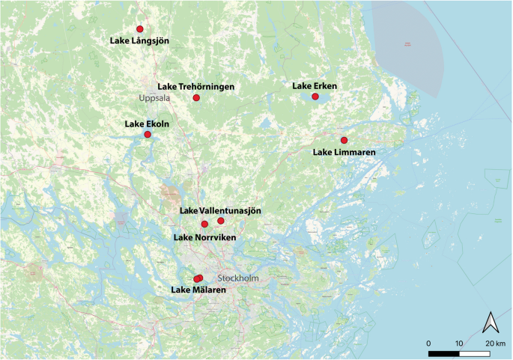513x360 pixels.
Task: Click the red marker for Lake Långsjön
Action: [139, 29]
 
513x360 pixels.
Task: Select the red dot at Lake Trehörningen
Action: [196, 98]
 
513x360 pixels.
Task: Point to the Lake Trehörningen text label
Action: [195, 87]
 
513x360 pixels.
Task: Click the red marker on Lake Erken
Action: [315, 97]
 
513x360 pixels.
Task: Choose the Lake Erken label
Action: [315, 86]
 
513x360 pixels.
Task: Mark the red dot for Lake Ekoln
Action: [148, 135]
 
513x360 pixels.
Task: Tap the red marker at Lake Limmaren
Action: [344, 141]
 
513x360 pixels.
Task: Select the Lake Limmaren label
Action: [344, 153]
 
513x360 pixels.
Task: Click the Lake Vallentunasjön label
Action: [220, 212]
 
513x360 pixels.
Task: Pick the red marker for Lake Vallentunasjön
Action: [221, 221]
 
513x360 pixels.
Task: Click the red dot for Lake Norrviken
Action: [204, 224]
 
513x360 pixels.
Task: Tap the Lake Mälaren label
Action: [198, 290]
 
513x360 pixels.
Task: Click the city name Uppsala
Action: [154, 98]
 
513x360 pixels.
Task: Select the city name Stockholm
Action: [237, 278]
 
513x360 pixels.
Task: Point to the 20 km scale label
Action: [495, 343]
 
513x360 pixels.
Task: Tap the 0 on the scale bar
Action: [428, 343]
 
